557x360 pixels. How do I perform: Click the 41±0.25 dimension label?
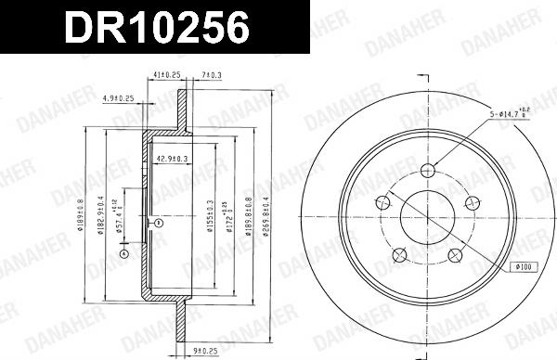pos(166,75)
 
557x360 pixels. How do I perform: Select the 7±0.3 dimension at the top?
pos(211,75)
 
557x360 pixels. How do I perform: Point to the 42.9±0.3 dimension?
pos(173,159)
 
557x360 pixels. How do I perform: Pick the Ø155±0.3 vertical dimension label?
pos(210,217)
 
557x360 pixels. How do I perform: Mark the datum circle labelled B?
pos(159,224)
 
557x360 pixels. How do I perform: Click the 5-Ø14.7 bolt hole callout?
pos(510,115)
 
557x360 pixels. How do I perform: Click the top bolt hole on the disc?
pos(427,170)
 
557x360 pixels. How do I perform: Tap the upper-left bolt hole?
pos(382,203)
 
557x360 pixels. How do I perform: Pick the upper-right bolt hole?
pos(473,203)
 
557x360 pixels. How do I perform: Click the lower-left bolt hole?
pos(399,256)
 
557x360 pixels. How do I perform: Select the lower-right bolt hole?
pos(455,256)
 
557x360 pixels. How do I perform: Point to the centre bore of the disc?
pos(427,218)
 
